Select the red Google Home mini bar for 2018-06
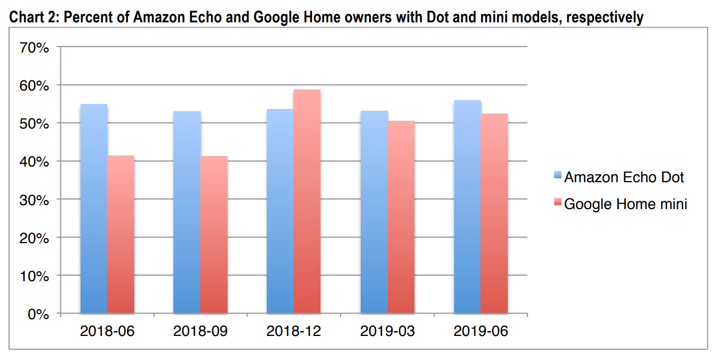[x=121, y=234]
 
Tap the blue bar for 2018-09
[x=187, y=212]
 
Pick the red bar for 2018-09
[x=214, y=234]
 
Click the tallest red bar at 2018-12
[x=307, y=201]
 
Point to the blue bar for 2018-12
[x=280, y=211]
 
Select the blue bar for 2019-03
[x=374, y=212]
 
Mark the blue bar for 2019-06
[x=468, y=207]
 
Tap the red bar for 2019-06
[x=494, y=213]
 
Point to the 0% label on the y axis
[x=39, y=314]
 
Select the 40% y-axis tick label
[x=35, y=162]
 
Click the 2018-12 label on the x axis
[x=294, y=331]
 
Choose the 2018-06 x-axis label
[x=107, y=331]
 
